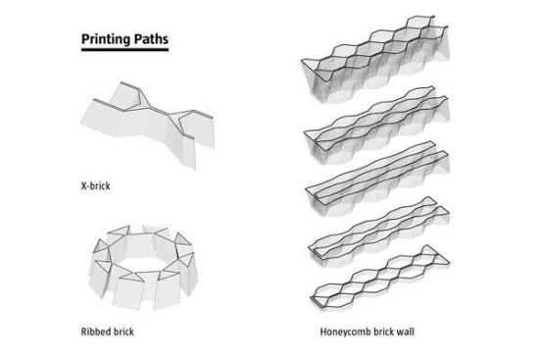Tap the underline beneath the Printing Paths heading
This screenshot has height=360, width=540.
pos(125,50)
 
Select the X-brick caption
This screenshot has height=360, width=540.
pos(96,185)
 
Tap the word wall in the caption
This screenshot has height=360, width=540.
pos(406,332)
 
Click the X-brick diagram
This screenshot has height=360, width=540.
pos(148,125)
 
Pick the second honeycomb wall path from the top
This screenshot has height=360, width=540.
pos(376,126)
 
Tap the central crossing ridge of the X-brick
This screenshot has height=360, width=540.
pos(159,111)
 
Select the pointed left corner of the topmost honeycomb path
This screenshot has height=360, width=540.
pos(302,61)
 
